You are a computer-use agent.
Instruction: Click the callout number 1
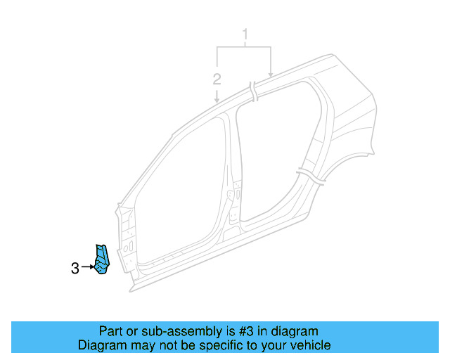tap(246, 33)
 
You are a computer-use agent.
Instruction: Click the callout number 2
tap(217, 78)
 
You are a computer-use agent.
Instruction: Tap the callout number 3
tap(75, 268)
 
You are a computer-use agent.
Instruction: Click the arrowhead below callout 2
tap(217, 101)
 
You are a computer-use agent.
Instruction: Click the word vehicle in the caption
tap(310, 345)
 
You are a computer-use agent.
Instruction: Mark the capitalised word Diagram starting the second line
tap(103, 345)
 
